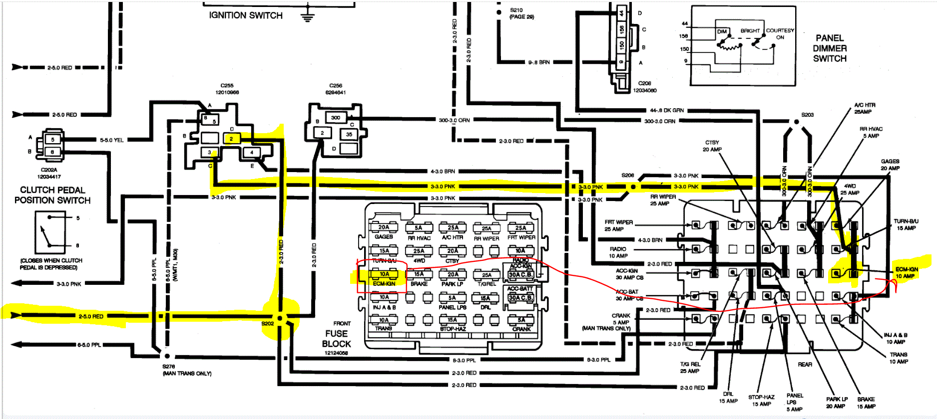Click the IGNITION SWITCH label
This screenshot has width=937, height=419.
246,15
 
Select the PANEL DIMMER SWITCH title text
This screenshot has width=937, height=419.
830,48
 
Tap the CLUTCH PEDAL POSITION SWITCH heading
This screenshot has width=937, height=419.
52,195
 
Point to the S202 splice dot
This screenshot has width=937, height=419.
280,318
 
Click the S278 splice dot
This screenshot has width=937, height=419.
167,356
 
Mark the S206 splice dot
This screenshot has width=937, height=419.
633,187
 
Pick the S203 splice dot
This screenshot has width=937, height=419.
797,122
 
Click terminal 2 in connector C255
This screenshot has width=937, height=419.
231,139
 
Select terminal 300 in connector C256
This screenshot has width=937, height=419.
336,118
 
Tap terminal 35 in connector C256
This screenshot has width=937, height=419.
349,134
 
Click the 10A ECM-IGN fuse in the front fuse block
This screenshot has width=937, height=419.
384,274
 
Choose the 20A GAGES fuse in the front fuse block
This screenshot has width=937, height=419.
384,227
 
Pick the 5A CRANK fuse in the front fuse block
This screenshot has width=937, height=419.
521,320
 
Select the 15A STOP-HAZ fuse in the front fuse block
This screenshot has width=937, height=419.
452,320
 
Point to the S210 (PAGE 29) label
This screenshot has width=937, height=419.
521,13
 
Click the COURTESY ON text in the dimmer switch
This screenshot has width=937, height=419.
780,33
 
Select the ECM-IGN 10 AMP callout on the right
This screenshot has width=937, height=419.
906,272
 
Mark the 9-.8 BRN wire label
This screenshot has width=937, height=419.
539,62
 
